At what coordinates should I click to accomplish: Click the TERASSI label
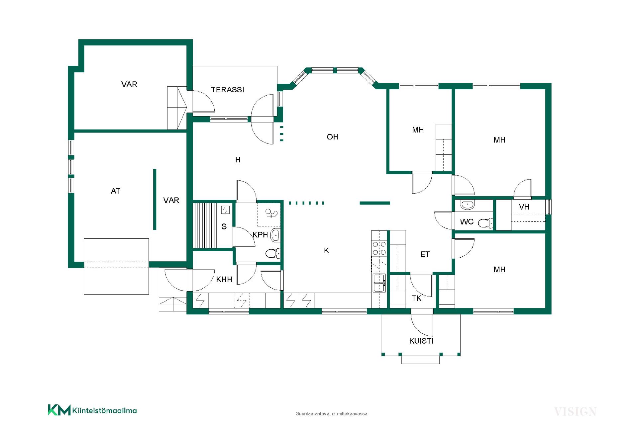[x=228, y=90]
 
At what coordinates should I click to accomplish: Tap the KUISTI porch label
[x=421, y=341]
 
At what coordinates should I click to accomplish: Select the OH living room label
[x=332, y=137]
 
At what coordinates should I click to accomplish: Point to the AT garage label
[x=116, y=191]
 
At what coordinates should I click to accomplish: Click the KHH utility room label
[x=224, y=280]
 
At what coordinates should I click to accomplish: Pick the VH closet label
[x=524, y=207]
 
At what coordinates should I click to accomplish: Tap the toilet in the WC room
[x=485, y=223]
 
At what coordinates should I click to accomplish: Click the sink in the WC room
[x=468, y=205]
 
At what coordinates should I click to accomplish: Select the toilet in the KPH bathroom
[x=273, y=254]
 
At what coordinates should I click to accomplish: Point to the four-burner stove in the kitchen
[x=379, y=248]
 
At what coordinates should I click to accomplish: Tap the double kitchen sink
[x=379, y=283]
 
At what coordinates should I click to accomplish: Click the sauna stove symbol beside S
[x=226, y=210]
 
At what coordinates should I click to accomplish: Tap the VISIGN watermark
[x=575, y=412]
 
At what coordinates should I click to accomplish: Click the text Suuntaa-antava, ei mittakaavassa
[x=332, y=414]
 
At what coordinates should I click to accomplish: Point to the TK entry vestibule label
[x=417, y=298]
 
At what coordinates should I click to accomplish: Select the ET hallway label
[x=425, y=255]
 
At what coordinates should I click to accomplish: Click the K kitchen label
[x=326, y=251]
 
